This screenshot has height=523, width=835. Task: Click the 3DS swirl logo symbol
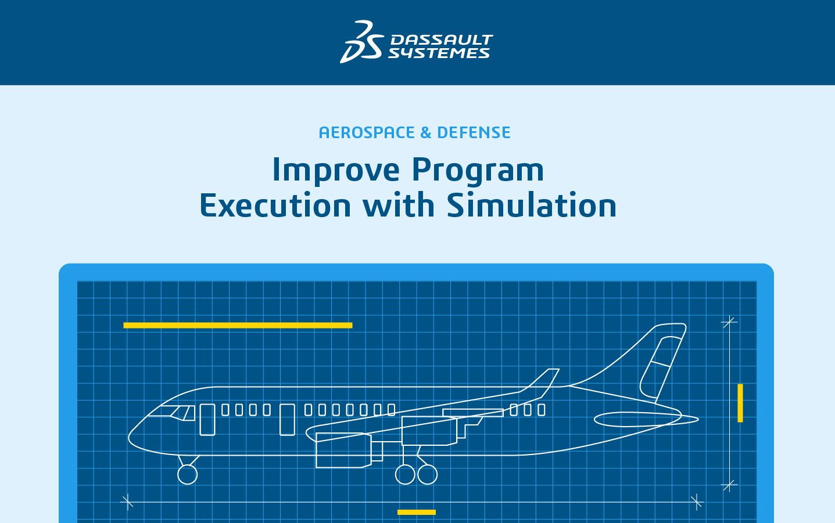[361, 42]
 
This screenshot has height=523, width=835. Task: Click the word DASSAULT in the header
[442, 39]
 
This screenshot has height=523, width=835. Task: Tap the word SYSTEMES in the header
[439, 53]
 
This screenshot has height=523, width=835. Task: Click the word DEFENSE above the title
[474, 132]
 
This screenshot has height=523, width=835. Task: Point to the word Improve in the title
[336, 171]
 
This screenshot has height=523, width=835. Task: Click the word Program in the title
[478, 171]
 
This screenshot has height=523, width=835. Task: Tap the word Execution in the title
[275, 205]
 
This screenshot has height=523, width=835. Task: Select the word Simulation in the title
[532, 205]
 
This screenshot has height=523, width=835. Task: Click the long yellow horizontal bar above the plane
[238, 326]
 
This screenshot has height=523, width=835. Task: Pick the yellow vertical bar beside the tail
[740, 403]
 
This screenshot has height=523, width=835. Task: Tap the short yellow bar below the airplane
[417, 512]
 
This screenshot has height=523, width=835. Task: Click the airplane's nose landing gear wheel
[188, 474]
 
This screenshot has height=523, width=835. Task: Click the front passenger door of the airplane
[207, 420]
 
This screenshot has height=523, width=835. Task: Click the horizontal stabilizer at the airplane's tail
[646, 420]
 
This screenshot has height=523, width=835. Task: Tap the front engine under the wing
[343, 450]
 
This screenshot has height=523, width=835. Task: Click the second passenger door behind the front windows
[287, 420]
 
